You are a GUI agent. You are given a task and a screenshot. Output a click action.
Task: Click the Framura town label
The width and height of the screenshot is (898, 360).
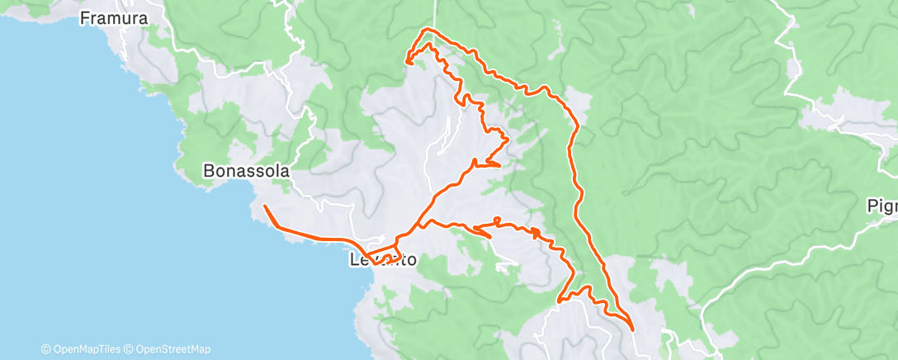[x=114, y=17]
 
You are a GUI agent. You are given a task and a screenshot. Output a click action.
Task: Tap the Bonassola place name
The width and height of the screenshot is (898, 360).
[x=246, y=172]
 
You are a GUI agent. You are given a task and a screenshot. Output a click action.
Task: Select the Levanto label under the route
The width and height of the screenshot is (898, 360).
[x=381, y=260]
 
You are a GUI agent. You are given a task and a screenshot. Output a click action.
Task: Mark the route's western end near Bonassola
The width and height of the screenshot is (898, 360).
[x=264, y=205]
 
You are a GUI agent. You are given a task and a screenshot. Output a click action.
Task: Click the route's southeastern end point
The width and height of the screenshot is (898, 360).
[x=633, y=329]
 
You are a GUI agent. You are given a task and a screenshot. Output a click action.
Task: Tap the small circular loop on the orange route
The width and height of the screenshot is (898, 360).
[x=496, y=220]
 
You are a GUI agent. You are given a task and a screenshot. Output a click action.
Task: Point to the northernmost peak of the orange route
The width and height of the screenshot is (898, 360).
[x=426, y=30]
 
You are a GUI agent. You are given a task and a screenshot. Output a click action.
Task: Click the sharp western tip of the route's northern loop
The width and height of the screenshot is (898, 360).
[x=405, y=59]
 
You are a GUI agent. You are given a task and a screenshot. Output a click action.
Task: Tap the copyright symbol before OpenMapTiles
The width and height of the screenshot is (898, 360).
[x=47, y=349]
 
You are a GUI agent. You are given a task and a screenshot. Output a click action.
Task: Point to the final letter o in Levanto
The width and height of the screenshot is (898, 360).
[x=410, y=260]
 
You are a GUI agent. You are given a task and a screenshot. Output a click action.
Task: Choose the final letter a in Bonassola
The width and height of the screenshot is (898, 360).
[x=285, y=172]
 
